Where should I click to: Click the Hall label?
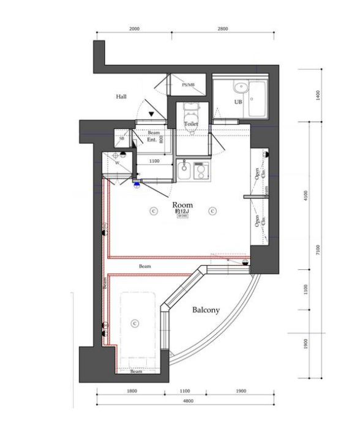(121, 97)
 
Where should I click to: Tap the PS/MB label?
(188, 86)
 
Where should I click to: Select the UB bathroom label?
(238, 102)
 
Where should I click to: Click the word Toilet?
(191, 124)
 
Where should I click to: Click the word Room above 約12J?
(182, 204)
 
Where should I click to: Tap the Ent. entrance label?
(152, 140)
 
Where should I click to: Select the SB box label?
(122, 139)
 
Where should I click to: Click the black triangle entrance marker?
(151, 113)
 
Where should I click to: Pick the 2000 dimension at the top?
(135, 29)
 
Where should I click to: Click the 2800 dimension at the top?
(222, 29)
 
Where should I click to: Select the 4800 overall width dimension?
(188, 401)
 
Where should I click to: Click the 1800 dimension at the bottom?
(132, 391)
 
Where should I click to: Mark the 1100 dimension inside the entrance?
(154, 161)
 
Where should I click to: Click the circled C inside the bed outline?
(136, 321)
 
